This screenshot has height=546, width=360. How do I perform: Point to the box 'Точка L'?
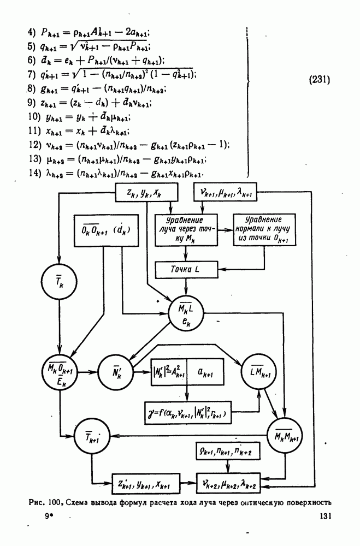pyautogui.click(x=187, y=269)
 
